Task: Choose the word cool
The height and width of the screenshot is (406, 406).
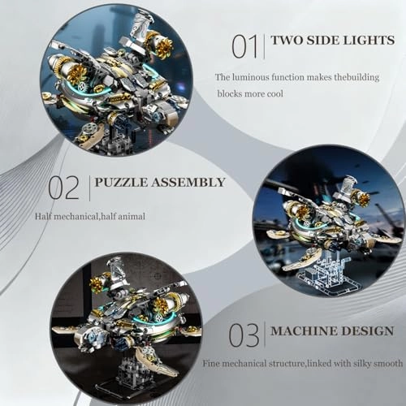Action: point(301,93)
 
